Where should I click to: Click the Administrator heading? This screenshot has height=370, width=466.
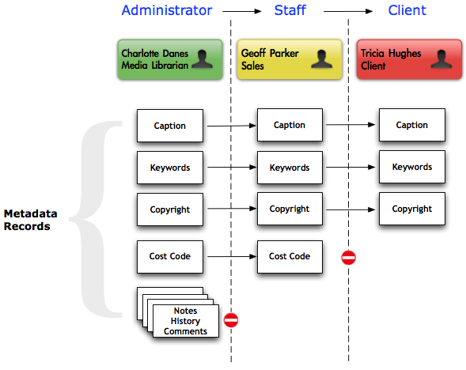click(x=167, y=10)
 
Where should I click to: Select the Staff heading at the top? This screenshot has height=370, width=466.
click(x=290, y=10)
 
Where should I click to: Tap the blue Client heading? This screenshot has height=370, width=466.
click(x=407, y=10)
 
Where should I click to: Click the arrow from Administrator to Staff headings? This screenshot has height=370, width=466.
click(x=242, y=11)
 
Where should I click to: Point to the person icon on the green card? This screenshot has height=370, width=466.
click(x=203, y=59)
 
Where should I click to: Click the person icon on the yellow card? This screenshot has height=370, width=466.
click(x=321, y=59)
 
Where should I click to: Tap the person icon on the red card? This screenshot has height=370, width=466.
click(x=441, y=59)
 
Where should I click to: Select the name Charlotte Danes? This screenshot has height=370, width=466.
click(x=155, y=54)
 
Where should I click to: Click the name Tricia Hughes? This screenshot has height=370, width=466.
click(x=391, y=54)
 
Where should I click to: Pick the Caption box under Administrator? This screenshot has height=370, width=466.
click(x=170, y=126)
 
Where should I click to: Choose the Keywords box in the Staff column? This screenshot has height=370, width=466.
click(x=290, y=168)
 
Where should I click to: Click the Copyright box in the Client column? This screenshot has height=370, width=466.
click(x=412, y=209)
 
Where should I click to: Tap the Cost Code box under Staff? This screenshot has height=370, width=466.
click(x=290, y=257)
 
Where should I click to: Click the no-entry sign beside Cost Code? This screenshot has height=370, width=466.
click(x=348, y=258)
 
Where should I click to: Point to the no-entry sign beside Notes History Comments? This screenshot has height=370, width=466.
click(x=231, y=320)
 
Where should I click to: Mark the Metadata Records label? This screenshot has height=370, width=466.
click(x=30, y=220)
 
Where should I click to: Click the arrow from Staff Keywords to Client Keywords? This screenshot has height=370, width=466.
click(x=350, y=167)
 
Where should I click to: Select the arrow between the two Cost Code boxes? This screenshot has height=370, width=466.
click(x=232, y=256)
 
